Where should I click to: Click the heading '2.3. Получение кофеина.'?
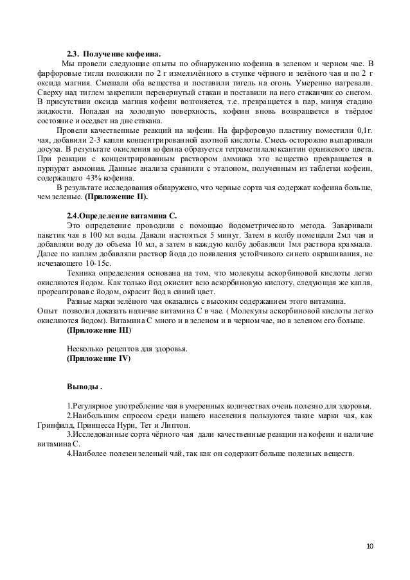pos(114,53)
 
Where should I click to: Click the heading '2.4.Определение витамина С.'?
pos(122,216)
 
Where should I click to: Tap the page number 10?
pos(369,547)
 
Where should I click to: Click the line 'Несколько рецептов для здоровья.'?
pos(127,349)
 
